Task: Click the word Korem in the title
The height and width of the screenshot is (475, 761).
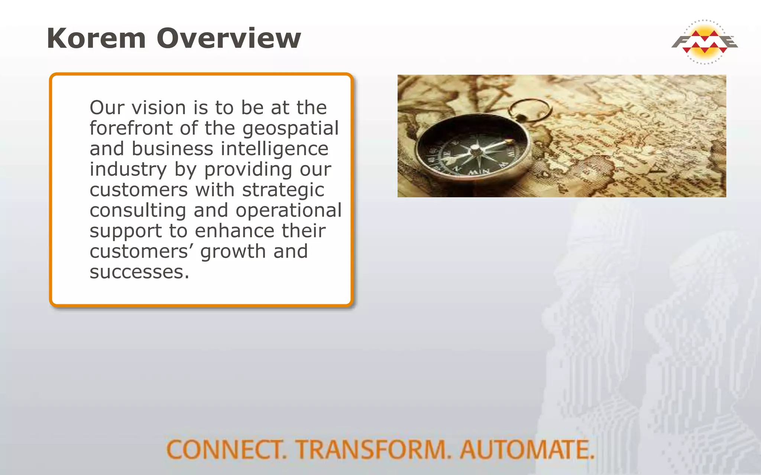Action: (x=96, y=38)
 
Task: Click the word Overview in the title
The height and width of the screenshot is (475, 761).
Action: (x=229, y=38)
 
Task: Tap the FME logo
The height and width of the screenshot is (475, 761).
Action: (x=705, y=42)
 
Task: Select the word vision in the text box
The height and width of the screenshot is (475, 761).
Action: (x=159, y=108)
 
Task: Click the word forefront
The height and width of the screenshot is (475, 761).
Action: (x=131, y=128)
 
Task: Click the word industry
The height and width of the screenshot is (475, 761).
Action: (x=128, y=170)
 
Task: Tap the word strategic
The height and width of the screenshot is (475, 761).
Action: (x=283, y=190)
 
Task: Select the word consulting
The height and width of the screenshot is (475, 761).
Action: (x=137, y=211)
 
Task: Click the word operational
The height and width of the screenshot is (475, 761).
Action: (x=288, y=211)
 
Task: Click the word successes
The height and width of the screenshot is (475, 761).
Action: (x=139, y=272)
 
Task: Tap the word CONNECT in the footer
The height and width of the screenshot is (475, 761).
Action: (x=226, y=449)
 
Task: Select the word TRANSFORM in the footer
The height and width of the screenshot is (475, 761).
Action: (x=373, y=449)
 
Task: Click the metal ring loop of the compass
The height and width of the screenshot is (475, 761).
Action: (x=530, y=110)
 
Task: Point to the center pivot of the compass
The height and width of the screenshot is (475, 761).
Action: (x=476, y=150)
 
